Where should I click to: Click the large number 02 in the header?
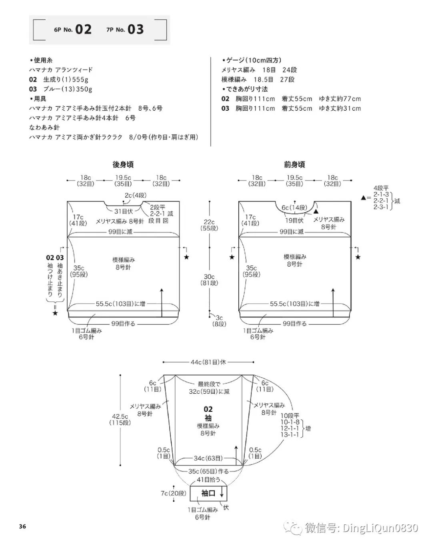coord(83,29)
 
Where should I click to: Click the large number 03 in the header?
coord(136,29)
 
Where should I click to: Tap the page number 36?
coord(22,526)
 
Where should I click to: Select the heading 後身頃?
coord(123,164)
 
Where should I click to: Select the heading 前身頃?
coord(294,164)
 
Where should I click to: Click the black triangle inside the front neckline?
coord(316,211)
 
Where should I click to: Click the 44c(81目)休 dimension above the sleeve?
coord(208,362)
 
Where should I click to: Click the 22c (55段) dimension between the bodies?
coord(209,225)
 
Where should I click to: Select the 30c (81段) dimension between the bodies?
coord(209,280)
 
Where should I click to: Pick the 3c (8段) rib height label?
coord(219,321)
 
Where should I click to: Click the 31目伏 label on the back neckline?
coord(124,211)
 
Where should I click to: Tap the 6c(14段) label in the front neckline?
coord(294,208)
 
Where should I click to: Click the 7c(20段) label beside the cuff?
coord(174,493)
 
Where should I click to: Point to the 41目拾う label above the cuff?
coord(208,479)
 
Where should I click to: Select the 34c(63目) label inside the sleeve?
coord(208,458)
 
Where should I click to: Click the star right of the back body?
coord(186,257)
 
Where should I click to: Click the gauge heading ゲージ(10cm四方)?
coord(254,60)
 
